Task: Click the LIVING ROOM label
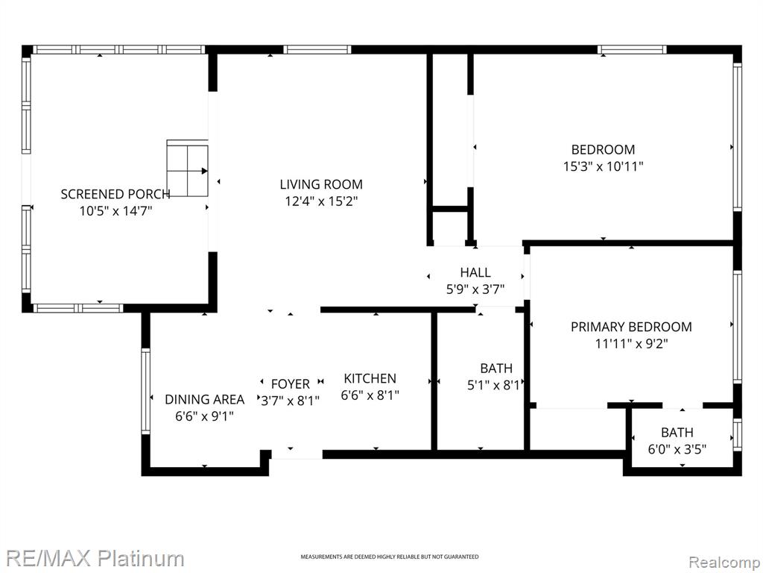pyautogui.click(x=321, y=184)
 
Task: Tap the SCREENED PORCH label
pyautogui.click(x=115, y=194)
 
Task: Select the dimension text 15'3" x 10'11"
pyautogui.click(x=604, y=166)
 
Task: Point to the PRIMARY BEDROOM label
pyautogui.click(x=631, y=327)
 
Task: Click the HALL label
pyautogui.click(x=475, y=272)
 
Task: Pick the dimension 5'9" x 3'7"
pyautogui.click(x=475, y=289)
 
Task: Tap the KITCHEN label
pyautogui.click(x=370, y=378)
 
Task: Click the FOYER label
pyautogui.click(x=291, y=384)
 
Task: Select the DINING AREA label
pyautogui.click(x=204, y=400)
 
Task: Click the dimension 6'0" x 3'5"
pyautogui.click(x=677, y=448)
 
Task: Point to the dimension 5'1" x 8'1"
pyautogui.click(x=496, y=386)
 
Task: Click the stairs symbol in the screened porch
pyautogui.click(x=187, y=168)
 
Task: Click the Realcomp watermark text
pyautogui.click(x=725, y=562)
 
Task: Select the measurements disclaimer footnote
pyautogui.click(x=389, y=557)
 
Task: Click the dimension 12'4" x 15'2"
pyautogui.click(x=321, y=201)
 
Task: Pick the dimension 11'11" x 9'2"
pyautogui.click(x=631, y=344)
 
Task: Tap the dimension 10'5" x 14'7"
pyautogui.click(x=115, y=211)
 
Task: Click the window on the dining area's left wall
pyautogui.click(x=145, y=391)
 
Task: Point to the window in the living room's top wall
pyautogui.click(x=317, y=49)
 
